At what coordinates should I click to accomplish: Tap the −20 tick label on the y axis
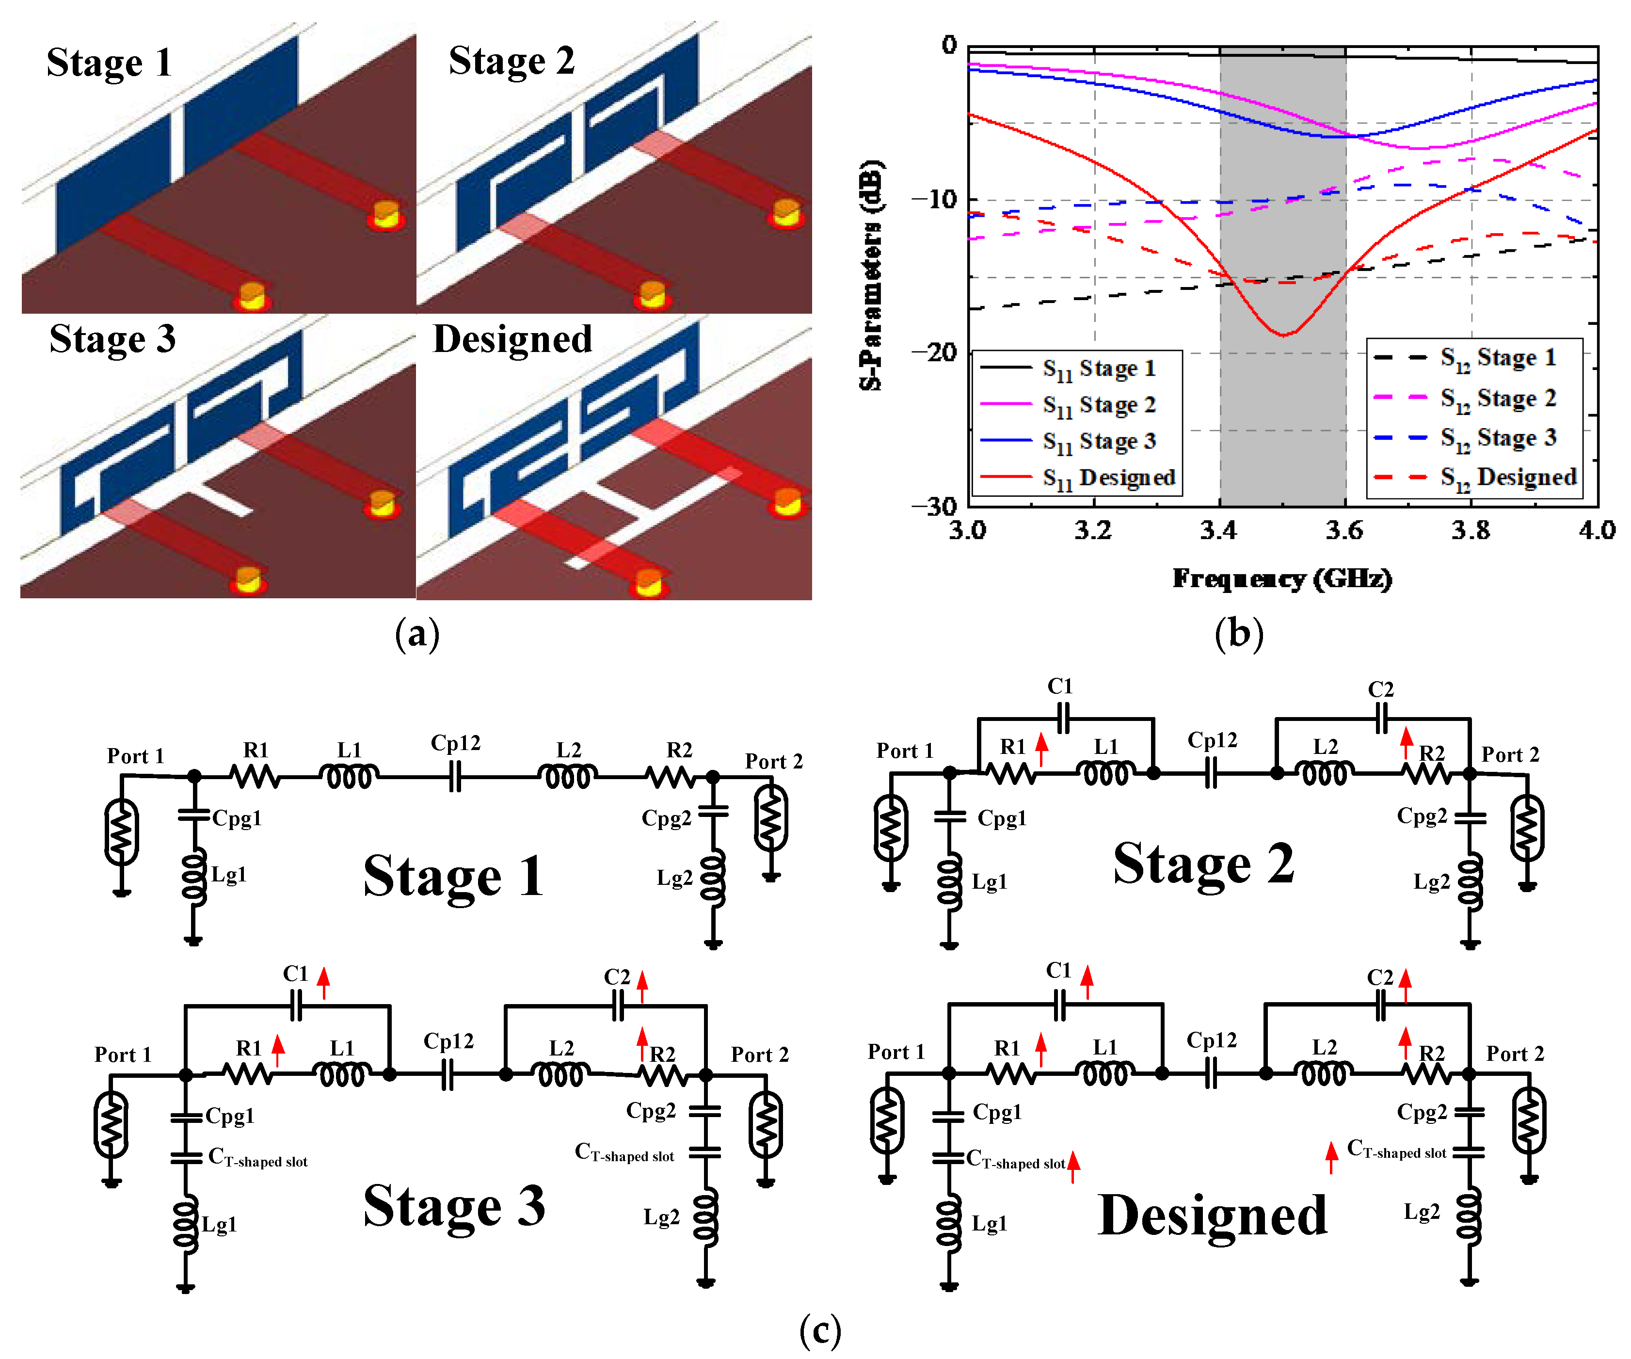click(936, 352)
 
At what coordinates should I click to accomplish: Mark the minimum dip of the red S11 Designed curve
click(1283, 335)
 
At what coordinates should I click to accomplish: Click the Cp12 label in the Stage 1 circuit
click(456, 743)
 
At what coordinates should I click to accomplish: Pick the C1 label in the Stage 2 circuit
click(1060, 687)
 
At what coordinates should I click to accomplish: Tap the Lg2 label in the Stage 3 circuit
click(662, 1217)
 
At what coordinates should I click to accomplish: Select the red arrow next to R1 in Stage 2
click(1042, 750)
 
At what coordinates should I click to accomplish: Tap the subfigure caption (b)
click(1239, 635)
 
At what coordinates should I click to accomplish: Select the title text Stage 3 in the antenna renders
click(112, 339)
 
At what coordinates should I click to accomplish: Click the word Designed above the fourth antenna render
click(512, 339)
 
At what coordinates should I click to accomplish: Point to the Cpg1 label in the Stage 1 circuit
click(237, 818)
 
